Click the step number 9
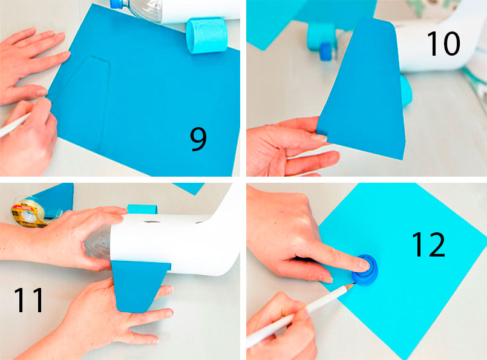tap(198, 140)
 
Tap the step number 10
tap(443, 44)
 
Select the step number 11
tap(28, 299)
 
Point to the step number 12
tap(428, 244)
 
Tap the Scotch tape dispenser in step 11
tap(30, 212)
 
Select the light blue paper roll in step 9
tap(206, 36)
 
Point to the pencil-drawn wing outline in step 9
tap(83, 101)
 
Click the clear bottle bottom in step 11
tap(97, 243)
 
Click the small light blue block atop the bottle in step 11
tap(142, 209)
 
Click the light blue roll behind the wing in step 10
tap(407, 91)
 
